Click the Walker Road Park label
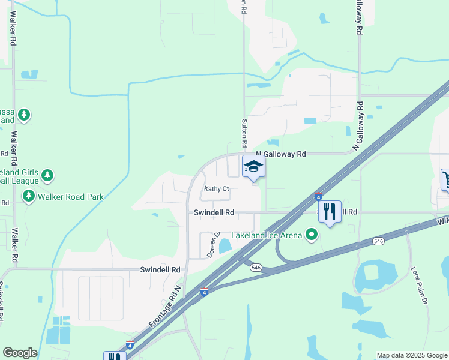[x=70, y=196]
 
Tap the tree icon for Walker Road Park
[x=28, y=196]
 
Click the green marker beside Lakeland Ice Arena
[x=311, y=235]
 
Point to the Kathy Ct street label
[x=217, y=189]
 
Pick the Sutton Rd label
[x=244, y=133]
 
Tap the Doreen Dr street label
[x=214, y=245]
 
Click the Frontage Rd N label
[x=172, y=305]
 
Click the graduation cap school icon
[x=253, y=166]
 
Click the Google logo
[x=20, y=353]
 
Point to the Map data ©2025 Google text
[x=412, y=355]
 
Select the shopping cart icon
[x=446, y=179]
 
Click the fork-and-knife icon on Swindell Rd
[x=329, y=212]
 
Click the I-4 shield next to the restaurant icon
[x=318, y=196]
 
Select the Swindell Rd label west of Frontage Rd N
[x=160, y=270]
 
